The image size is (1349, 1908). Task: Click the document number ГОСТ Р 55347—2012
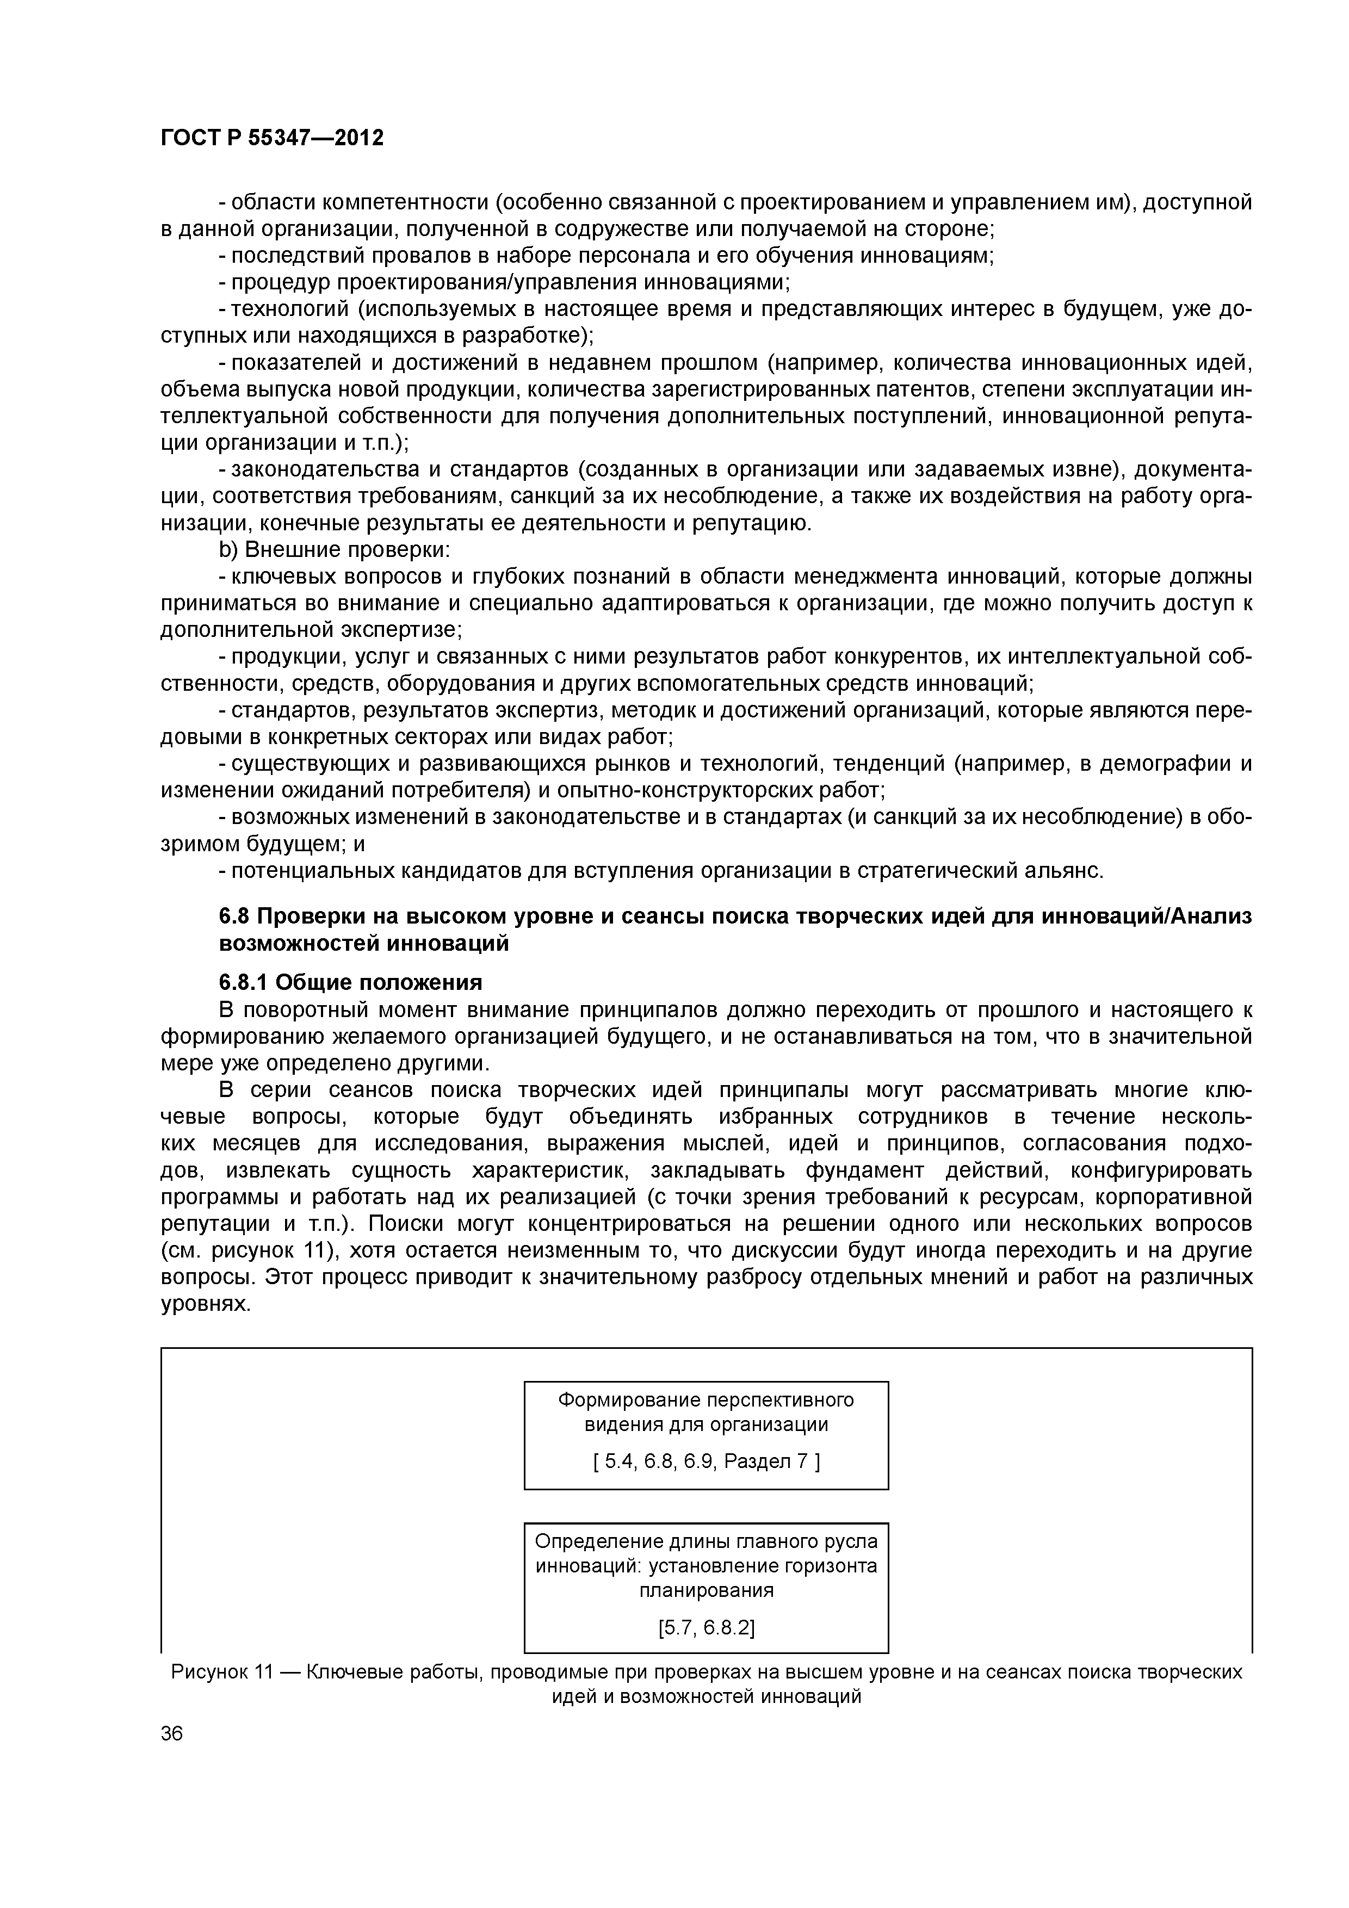(272, 138)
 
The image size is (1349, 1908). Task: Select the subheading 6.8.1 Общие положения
(350, 982)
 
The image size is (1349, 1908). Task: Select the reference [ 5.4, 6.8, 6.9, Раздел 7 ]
(706, 1460)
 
